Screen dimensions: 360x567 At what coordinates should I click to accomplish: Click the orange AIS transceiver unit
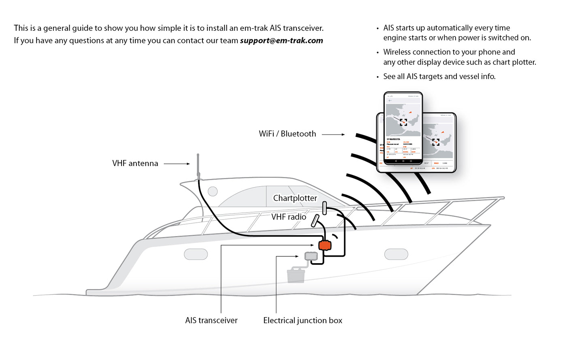(325, 245)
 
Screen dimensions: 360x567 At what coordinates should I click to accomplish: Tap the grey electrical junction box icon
(311, 256)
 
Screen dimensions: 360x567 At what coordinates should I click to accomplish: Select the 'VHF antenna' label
(135, 163)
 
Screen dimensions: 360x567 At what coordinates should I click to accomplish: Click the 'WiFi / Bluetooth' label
(287, 134)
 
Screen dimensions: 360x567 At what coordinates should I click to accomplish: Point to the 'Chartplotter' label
(295, 198)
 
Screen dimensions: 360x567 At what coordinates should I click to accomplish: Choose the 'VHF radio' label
(288, 217)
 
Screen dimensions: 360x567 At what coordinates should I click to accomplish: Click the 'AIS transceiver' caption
(211, 320)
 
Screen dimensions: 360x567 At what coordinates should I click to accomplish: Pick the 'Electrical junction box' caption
(303, 320)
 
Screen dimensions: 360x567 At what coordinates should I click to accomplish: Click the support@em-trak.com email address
(281, 40)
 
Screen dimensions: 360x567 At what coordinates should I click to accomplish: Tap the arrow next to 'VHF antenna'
(177, 164)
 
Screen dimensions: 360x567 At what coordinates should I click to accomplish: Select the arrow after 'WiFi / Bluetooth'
(333, 134)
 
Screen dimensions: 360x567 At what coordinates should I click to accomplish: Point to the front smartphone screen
(403, 128)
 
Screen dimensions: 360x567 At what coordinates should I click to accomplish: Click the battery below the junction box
(296, 275)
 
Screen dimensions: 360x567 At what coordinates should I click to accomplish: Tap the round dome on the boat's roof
(213, 191)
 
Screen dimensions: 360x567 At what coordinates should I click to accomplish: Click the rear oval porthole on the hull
(196, 254)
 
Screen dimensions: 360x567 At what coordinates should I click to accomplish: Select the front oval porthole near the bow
(396, 254)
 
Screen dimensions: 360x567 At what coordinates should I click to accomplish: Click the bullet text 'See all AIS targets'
(439, 77)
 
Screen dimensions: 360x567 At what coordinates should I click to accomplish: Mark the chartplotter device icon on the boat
(324, 208)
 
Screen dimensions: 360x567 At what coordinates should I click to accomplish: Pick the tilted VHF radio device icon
(315, 221)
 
